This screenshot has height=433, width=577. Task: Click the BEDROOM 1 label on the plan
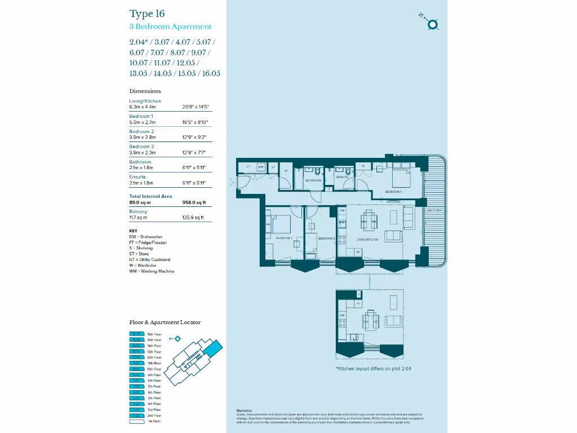(393, 192)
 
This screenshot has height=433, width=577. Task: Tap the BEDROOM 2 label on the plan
(284, 238)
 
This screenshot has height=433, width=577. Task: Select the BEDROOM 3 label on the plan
(326, 239)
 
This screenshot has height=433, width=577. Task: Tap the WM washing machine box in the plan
(261, 167)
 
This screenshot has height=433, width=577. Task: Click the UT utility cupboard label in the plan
(248, 167)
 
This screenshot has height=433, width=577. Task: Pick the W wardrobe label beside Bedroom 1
(363, 166)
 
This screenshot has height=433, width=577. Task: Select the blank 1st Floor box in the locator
(137, 421)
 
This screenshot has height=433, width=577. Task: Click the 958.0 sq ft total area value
(194, 202)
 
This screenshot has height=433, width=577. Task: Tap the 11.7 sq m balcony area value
(138, 217)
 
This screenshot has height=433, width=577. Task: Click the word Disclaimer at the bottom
(245, 410)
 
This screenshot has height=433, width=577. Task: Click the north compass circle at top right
(433, 24)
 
